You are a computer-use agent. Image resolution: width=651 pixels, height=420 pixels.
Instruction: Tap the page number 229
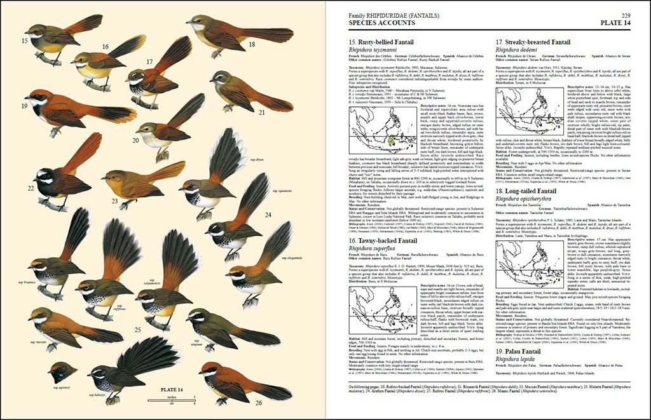coord(626,15)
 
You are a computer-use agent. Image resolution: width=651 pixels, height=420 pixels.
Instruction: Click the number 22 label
coord(31,189)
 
